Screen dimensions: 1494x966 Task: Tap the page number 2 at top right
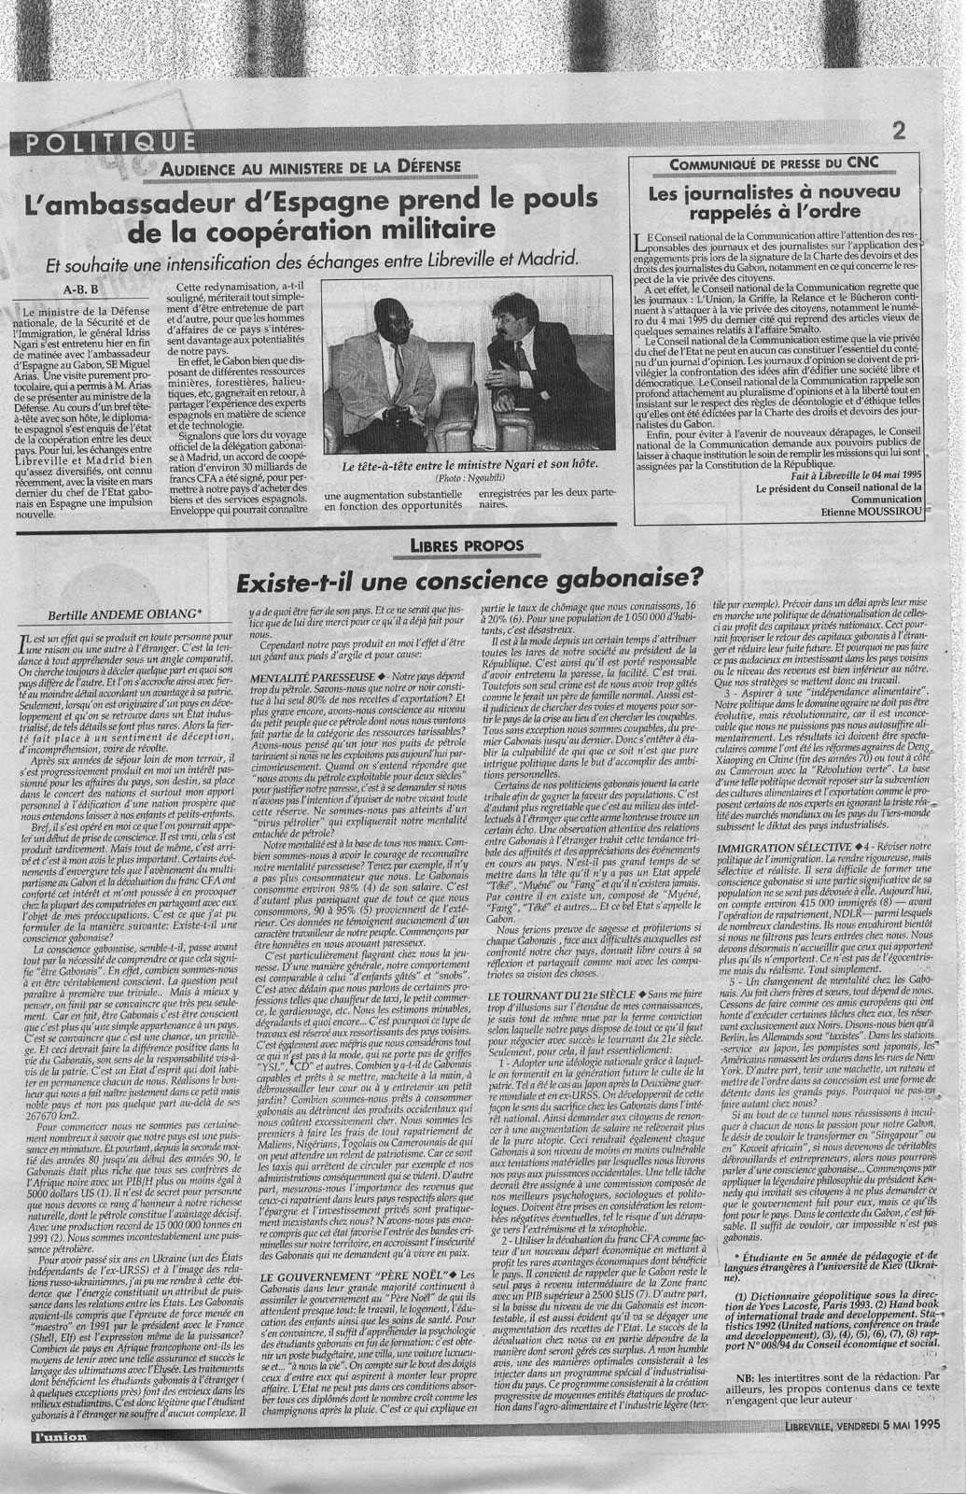click(900, 132)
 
